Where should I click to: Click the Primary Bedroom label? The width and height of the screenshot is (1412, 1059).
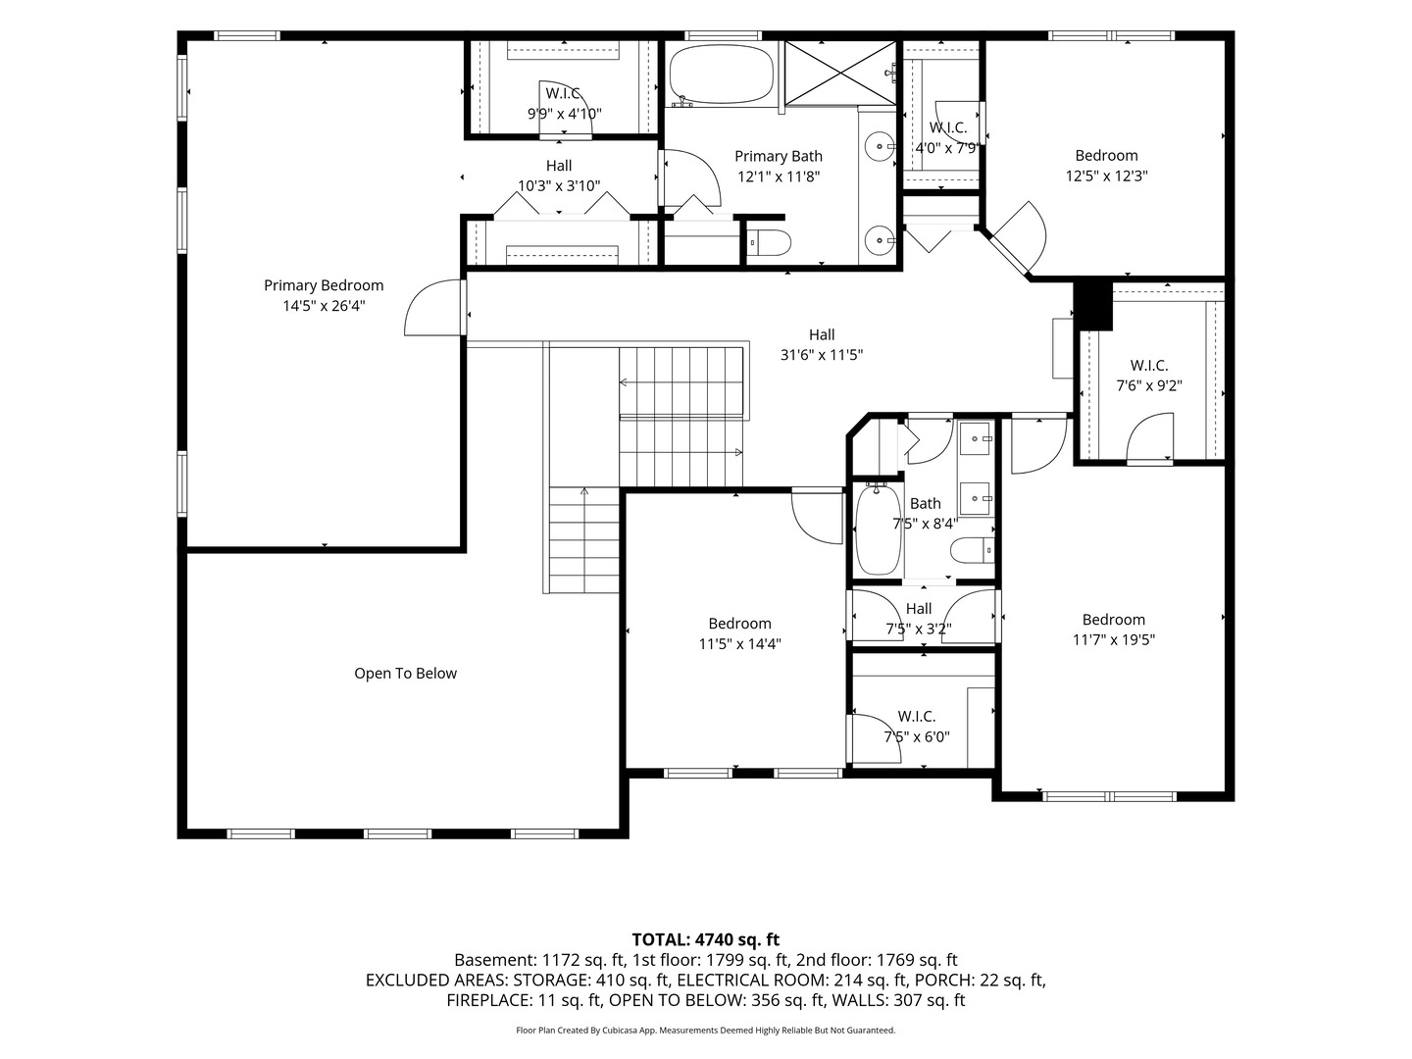tap(324, 284)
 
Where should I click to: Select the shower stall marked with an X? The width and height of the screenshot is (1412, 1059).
tap(840, 73)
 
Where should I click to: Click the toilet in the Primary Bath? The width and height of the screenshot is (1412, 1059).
tap(770, 242)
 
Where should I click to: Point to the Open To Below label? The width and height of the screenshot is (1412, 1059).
tap(405, 674)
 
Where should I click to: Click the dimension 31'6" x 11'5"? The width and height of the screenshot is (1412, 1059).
tap(822, 355)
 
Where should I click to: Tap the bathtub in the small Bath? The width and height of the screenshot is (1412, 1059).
tap(878, 529)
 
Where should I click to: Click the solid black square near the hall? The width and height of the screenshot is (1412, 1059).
tap(1093, 306)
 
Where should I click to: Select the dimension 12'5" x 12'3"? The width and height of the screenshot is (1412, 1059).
tap(1106, 176)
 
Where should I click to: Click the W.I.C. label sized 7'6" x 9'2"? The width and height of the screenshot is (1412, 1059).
tap(1149, 365)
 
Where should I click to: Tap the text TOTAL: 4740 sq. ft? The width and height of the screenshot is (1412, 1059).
tap(706, 940)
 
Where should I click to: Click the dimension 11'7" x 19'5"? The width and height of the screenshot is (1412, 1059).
tap(1114, 639)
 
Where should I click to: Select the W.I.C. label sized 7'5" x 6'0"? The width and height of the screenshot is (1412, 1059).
tap(917, 716)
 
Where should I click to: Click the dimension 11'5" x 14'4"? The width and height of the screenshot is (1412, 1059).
tap(739, 643)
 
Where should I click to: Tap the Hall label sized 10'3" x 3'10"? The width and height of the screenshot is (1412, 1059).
tap(559, 166)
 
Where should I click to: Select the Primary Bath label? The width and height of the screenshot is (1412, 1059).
tap(779, 156)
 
